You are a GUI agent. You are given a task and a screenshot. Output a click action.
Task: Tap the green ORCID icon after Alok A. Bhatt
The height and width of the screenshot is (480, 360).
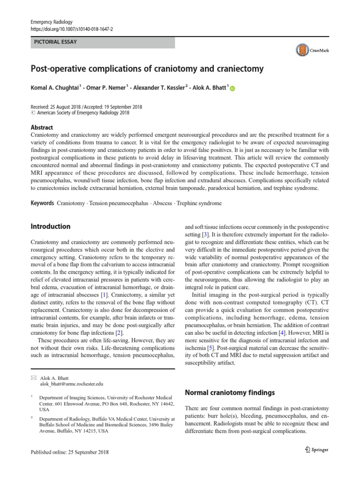(233, 89)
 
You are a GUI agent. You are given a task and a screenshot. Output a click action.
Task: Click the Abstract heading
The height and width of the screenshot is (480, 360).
(42, 127)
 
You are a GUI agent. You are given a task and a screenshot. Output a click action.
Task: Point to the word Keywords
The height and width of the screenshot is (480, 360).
(43, 204)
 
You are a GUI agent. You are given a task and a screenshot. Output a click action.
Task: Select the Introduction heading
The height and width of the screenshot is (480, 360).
(50, 226)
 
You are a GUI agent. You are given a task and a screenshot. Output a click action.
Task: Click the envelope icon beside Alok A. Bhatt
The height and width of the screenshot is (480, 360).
(33, 377)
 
